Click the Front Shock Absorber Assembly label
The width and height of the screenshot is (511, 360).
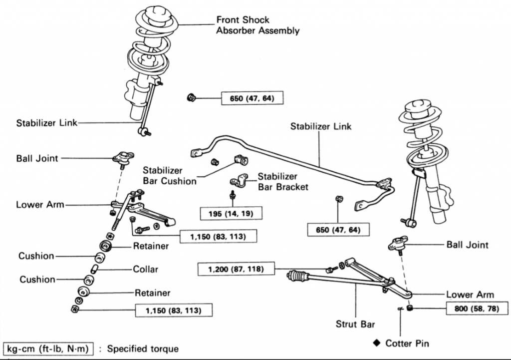(x=257, y=25)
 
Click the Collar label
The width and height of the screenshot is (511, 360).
(x=145, y=269)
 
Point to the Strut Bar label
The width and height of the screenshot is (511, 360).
(x=355, y=324)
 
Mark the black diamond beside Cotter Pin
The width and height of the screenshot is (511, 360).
(x=376, y=343)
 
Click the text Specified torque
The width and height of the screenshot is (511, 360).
(x=143, y=348)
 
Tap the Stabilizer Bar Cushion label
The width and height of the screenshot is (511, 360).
(x=170, y=176)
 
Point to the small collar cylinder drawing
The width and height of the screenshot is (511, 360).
(x=95, y=270)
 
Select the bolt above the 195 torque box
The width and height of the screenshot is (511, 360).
(x=233, y=195)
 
